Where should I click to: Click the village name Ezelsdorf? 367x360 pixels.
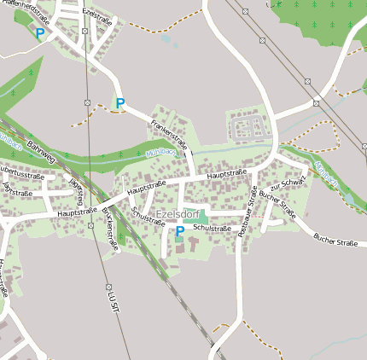click(178, 215)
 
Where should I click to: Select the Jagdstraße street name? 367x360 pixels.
click(17, 190)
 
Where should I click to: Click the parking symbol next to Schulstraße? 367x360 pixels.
click(180, 231)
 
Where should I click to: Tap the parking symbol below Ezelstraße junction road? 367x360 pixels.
click(120, 104)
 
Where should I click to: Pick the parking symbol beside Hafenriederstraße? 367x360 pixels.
click(39, 34)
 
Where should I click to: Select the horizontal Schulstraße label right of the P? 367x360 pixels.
click(212, 229)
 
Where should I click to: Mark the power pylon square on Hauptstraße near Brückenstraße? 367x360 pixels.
click(90, 226)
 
